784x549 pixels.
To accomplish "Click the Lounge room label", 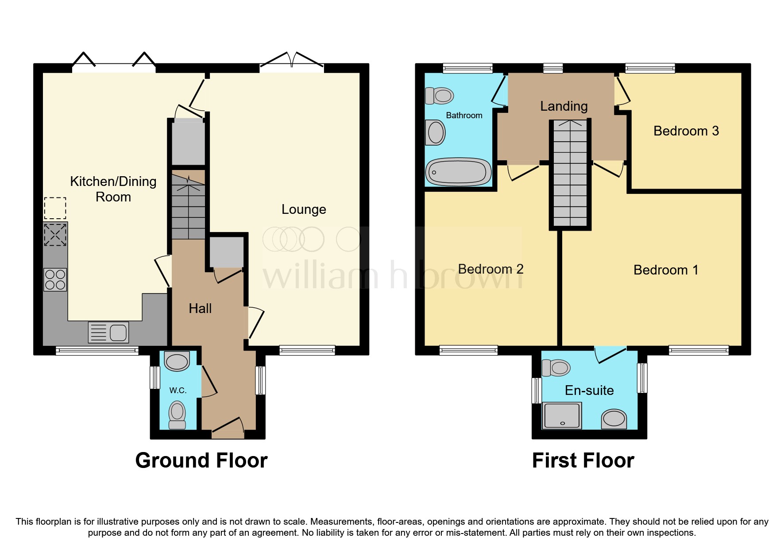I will coord(304,209).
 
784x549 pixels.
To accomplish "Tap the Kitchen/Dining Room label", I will coord(113,189).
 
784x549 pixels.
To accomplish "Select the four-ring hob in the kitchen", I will coord(55,279).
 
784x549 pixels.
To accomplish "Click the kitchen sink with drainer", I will coord(108,332).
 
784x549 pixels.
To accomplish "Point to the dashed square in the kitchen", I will coord(55,209).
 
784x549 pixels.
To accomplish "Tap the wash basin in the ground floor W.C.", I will coord(177,361).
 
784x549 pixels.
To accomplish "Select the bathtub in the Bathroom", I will coord(458,172).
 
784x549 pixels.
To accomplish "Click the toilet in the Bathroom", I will coord(440,96).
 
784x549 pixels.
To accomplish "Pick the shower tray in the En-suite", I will coord(562,415).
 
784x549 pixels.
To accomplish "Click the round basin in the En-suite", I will coord(614,418).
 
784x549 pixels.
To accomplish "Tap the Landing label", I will coord(564,106).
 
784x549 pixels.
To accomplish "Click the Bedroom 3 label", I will coord(686,131).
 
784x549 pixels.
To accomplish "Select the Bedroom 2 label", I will coord(490,269).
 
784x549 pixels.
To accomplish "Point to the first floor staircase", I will coord(570,175).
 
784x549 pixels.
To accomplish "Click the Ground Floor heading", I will coord(201,460).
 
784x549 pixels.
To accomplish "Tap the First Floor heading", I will coord(583,460).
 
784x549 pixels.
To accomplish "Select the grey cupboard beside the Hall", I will coord(227,252).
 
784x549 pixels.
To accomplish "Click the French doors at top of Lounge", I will coord(292,62).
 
